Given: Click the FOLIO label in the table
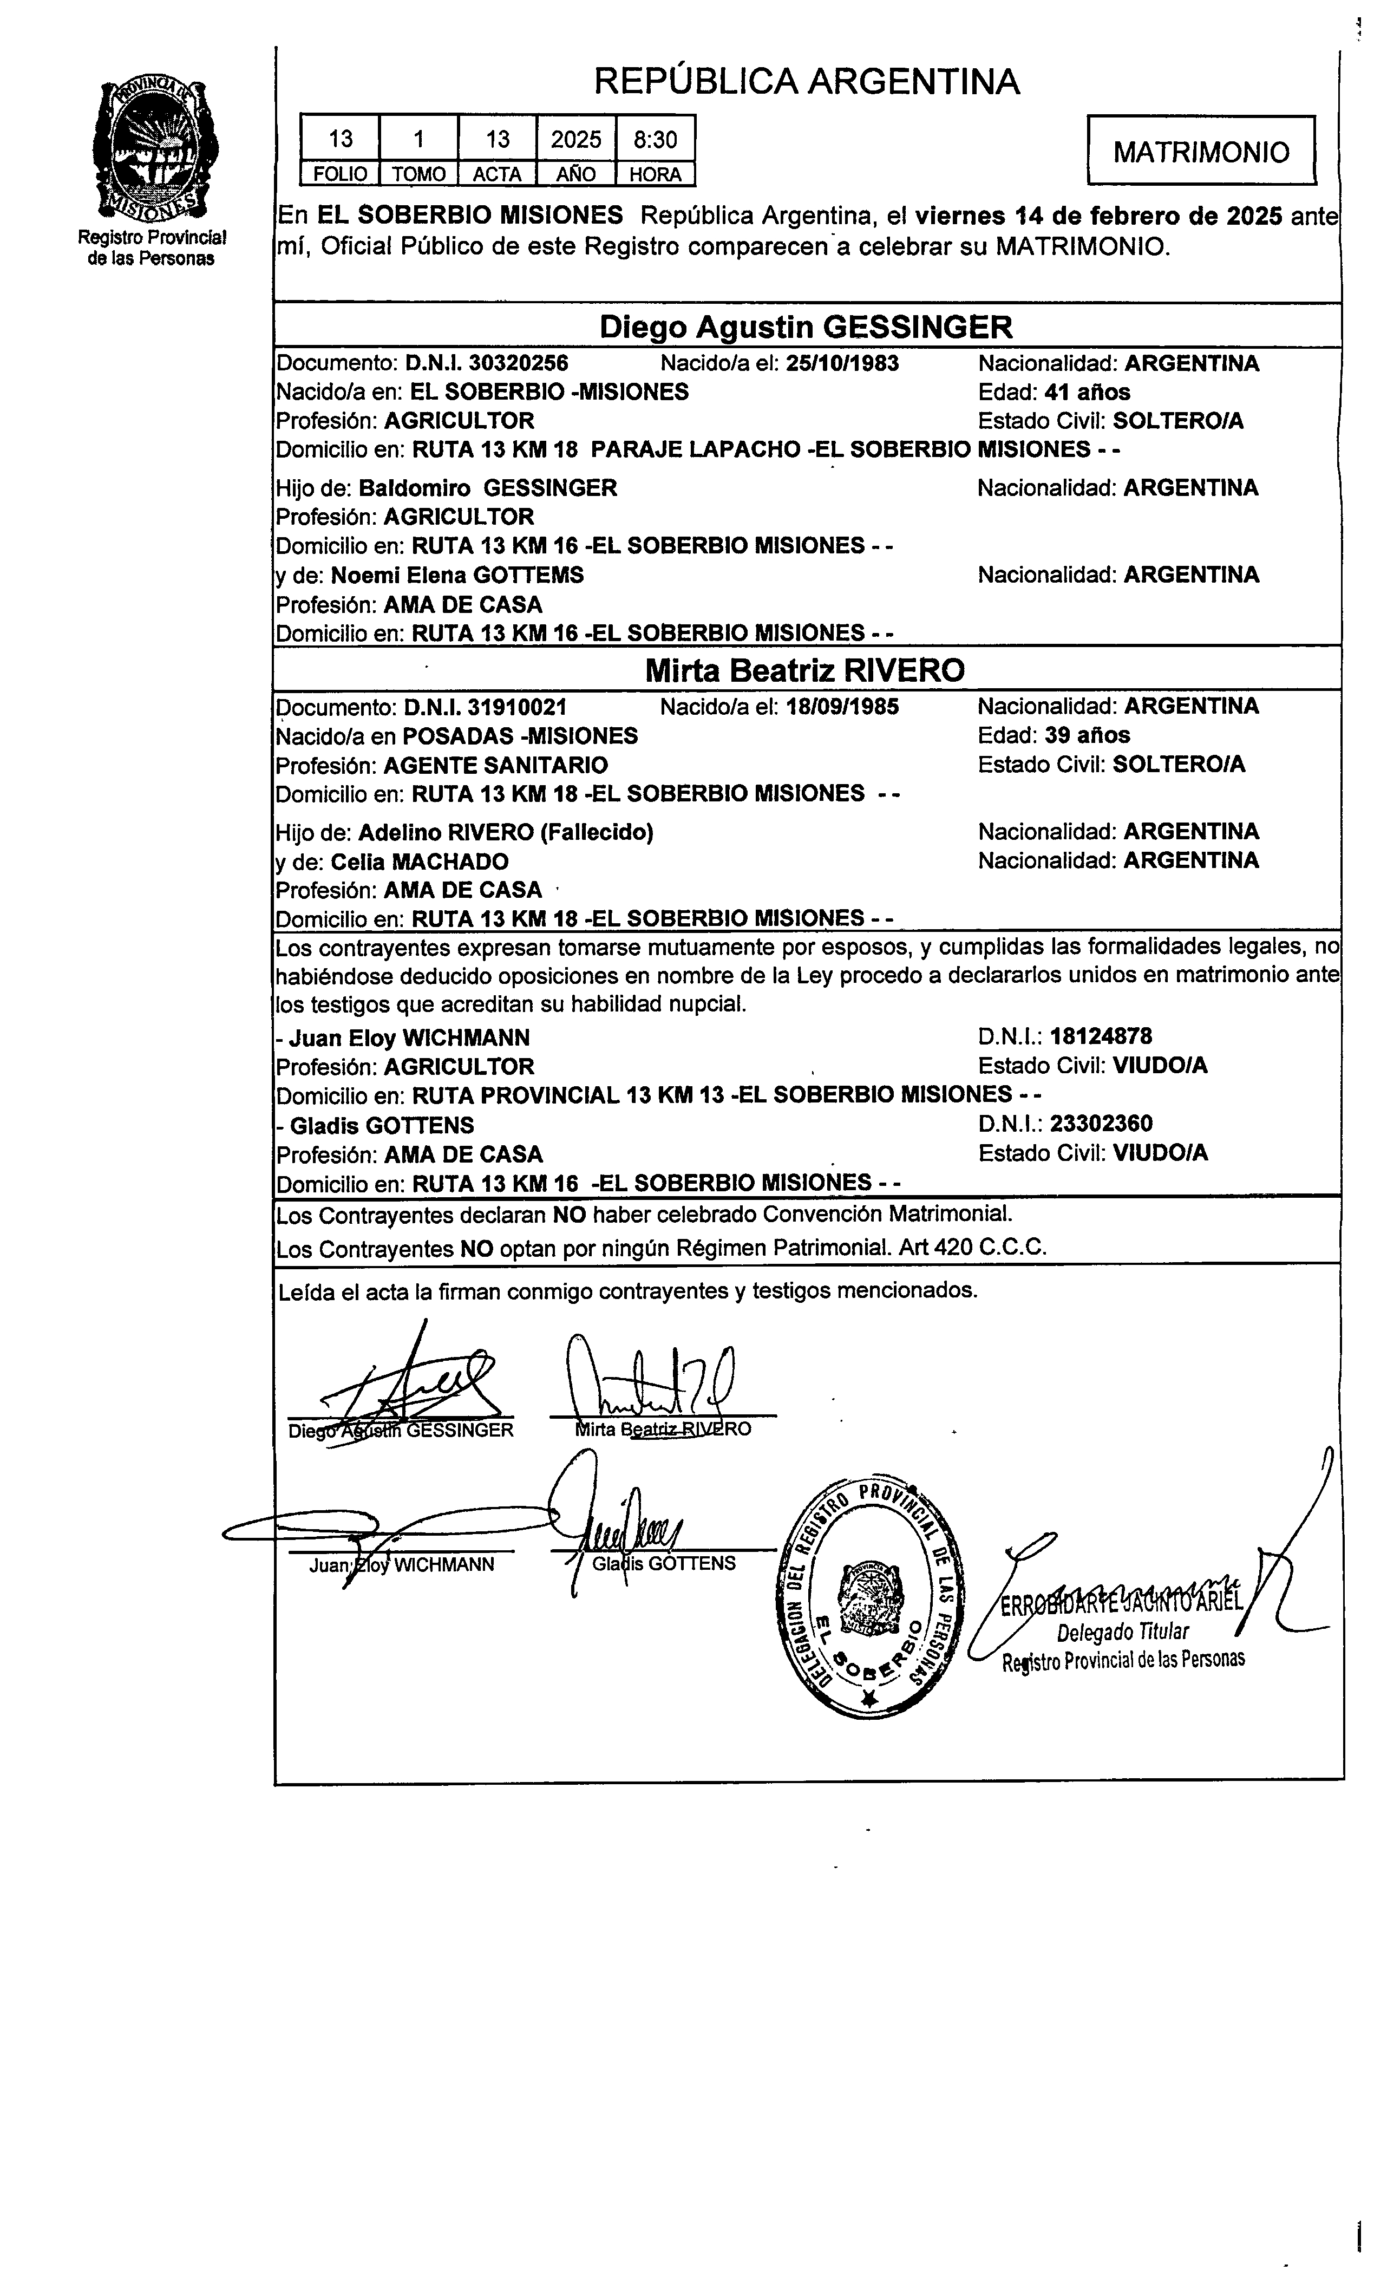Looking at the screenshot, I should pyautogui.click(x=340, y=174).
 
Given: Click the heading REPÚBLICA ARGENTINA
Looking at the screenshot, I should pyautogui.click(x=807, y=81).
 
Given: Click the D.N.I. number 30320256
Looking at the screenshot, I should pyautogui.click(x=519, y=363).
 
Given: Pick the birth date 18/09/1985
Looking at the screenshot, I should pyautogui.click(x=842, y=707).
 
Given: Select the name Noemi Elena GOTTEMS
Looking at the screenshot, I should pyautogui.click(x=457, y=575).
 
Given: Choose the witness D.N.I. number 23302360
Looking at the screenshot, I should pyautogui.click(x=1100, y=1124).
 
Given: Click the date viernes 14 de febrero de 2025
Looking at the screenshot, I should pyautogui.click(x=1098, y=216).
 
